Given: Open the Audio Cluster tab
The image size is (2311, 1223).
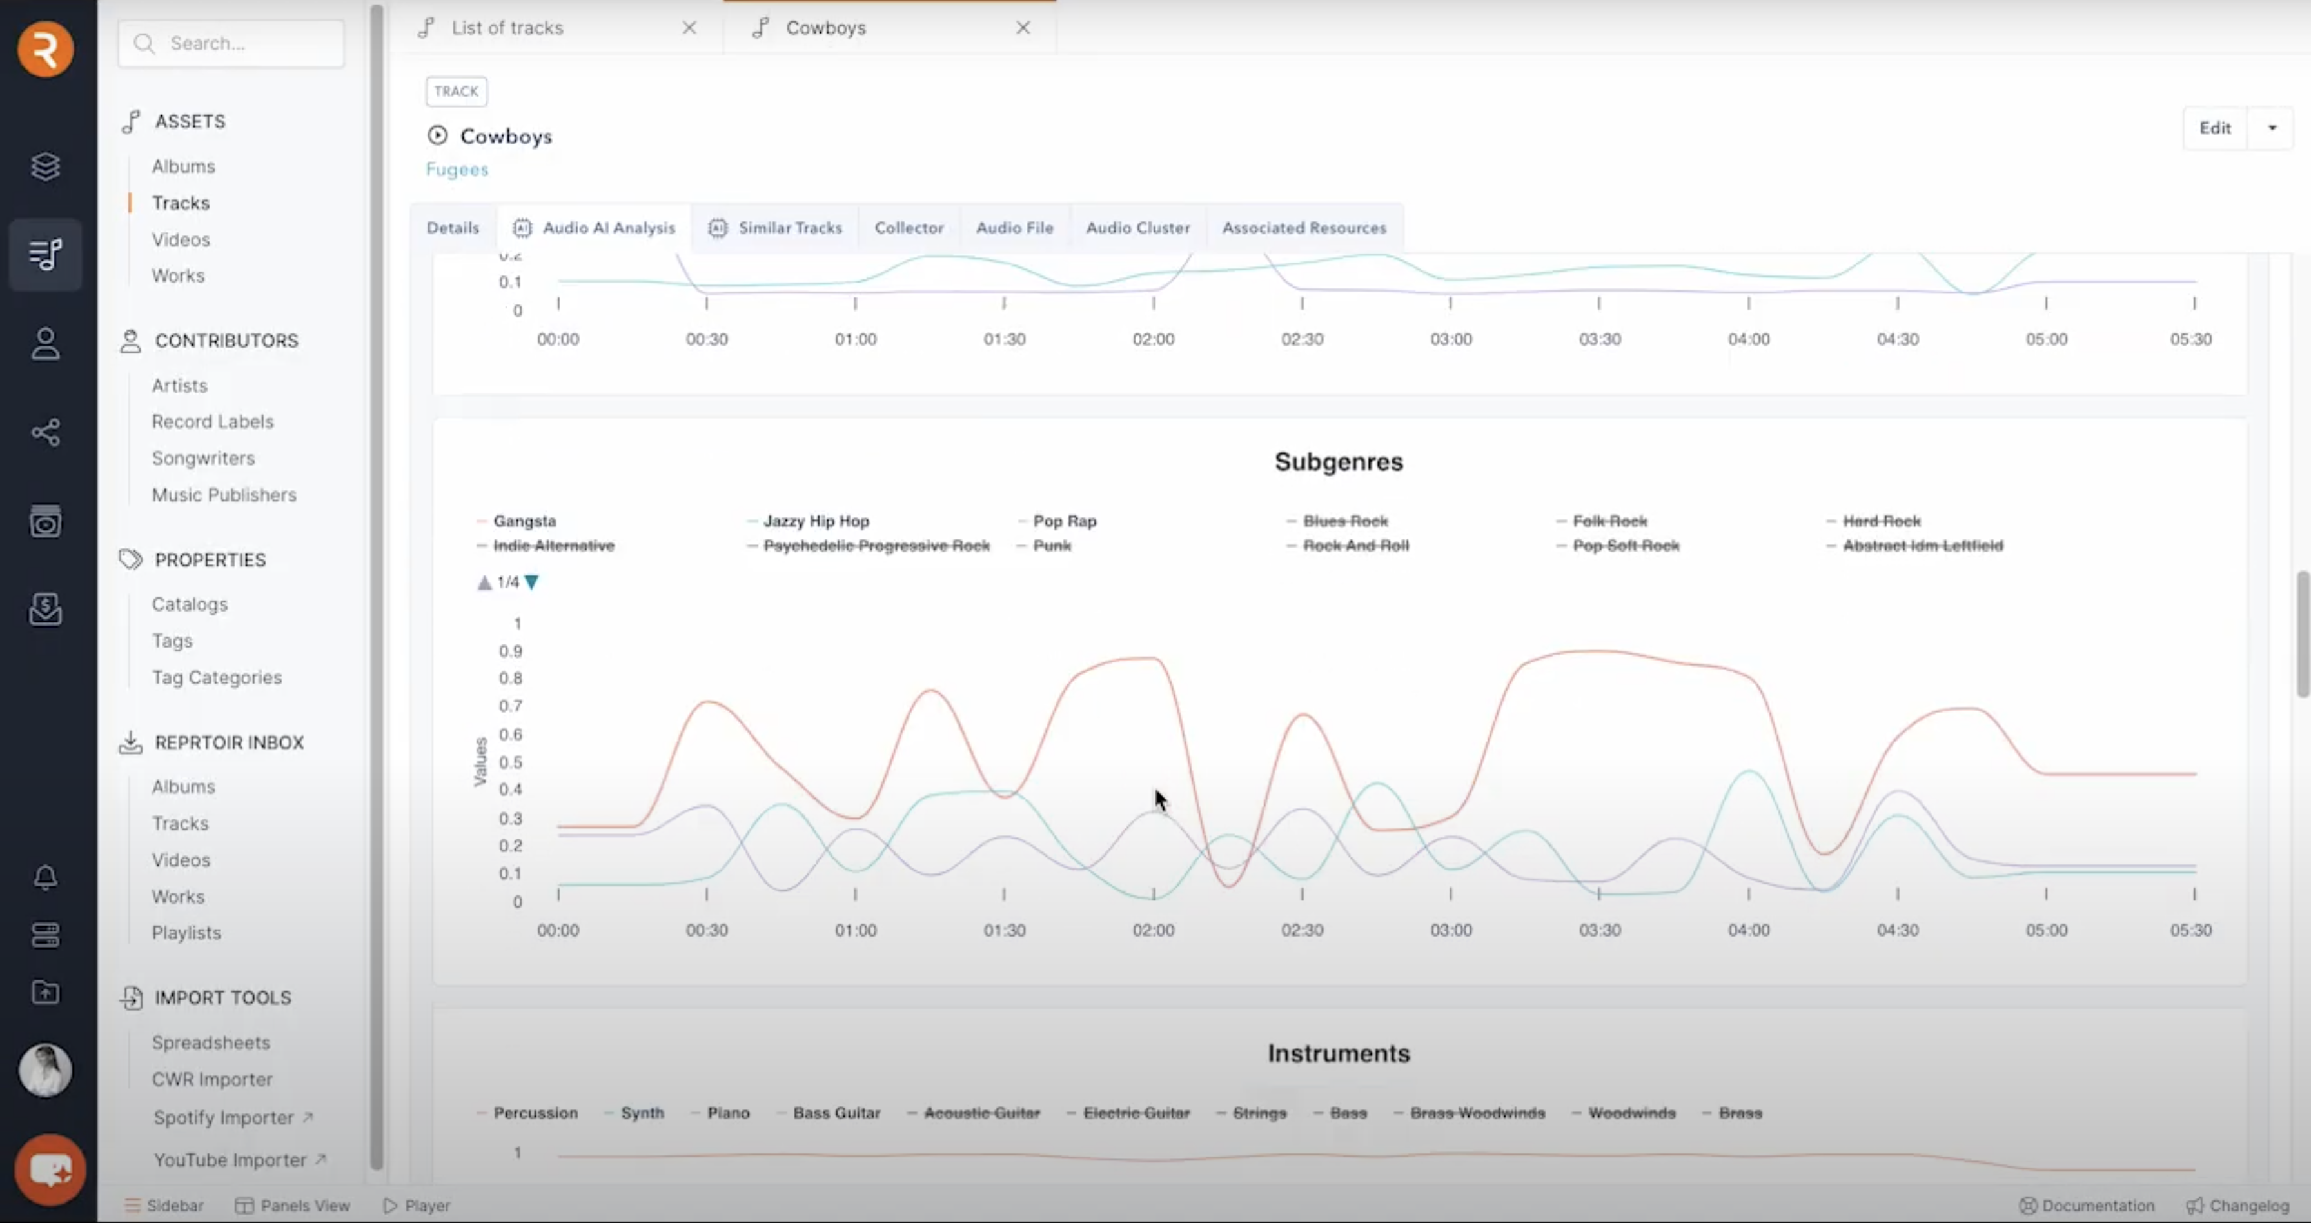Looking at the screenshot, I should (x=1137, y=228).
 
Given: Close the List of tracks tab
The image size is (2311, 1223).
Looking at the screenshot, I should (x=689, y=28).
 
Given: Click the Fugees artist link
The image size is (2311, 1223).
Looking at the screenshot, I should (x=457, y=170).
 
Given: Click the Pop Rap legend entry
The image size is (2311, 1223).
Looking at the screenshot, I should (x=1064, y=521).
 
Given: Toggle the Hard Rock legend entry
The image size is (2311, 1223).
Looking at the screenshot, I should (x=1880, y=521).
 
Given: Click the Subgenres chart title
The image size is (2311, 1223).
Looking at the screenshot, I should (x=1337, y=462).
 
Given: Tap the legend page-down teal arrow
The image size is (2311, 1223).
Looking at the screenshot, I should (x=532, y=582).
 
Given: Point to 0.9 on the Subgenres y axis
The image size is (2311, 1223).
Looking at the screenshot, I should (x=511, y=651).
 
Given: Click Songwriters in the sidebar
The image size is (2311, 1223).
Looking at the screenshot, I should (x=202, y=459).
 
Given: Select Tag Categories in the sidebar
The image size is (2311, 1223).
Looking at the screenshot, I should (x=216, y=677).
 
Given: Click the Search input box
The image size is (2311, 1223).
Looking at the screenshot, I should (x=231, y=44).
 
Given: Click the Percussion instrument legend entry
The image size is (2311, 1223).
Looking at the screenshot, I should (x=535, y=1113).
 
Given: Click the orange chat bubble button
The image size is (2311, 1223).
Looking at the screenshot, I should (x=50, y=1169).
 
